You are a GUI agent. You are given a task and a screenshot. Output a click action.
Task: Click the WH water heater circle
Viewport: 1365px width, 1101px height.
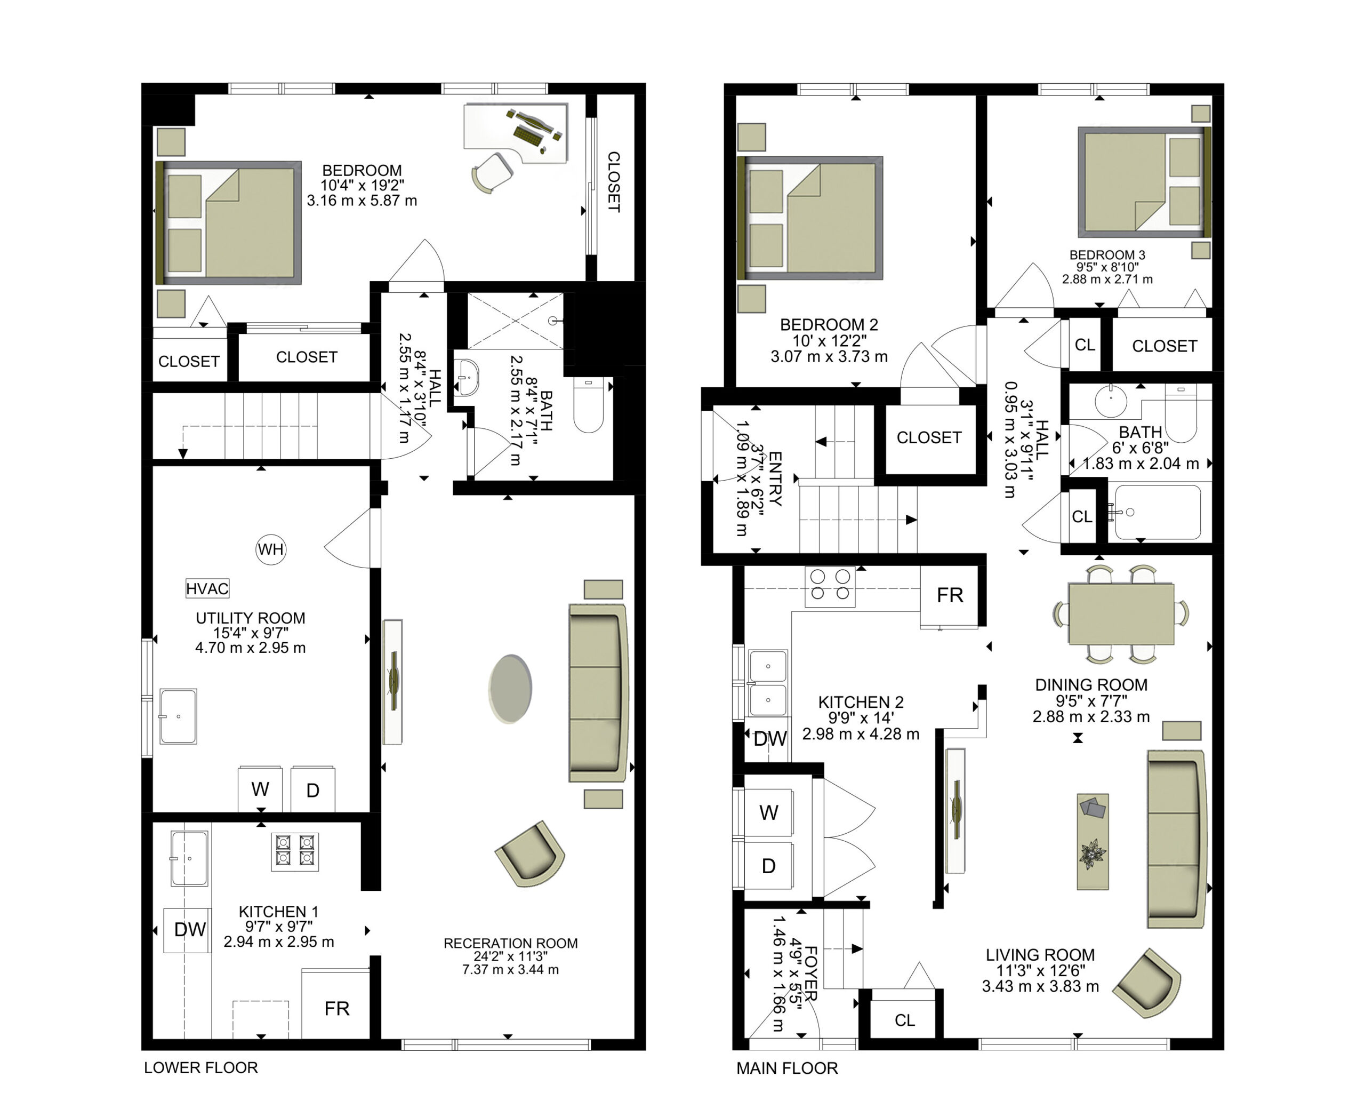pos(271,549)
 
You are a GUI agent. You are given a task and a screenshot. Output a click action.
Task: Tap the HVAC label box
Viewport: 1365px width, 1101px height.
pos(207,588)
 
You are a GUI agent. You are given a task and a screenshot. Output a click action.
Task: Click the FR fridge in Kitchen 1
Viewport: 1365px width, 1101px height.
pos(336,1008)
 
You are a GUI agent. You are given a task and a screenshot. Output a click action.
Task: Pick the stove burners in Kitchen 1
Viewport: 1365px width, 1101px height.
pos(295,851)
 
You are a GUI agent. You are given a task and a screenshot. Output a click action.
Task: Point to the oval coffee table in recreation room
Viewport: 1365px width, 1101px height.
pos(510,689)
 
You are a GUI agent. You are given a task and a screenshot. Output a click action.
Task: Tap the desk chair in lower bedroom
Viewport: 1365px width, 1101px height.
pos(492,172)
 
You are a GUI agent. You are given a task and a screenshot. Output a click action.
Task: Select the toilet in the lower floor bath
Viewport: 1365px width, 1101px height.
pos(588,405)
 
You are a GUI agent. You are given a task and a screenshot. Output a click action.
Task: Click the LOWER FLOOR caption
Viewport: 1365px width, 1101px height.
pos(201,1067)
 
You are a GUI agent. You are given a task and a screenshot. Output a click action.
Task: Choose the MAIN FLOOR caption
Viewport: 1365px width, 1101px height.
pos(787,1068)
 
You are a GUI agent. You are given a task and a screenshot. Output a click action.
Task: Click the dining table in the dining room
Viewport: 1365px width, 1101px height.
pos(1121,614)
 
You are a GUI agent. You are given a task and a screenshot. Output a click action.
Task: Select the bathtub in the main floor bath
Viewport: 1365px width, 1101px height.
pos(1158,513)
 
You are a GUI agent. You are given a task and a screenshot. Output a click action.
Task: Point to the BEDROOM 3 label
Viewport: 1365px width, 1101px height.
pos(1107,255)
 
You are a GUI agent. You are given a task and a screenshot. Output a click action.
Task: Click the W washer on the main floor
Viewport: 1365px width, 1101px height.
pos(769,812)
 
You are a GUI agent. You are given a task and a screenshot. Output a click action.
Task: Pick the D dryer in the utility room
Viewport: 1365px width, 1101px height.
pos(312,789)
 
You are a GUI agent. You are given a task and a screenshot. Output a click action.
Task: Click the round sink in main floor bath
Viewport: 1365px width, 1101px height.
pos(1111,401)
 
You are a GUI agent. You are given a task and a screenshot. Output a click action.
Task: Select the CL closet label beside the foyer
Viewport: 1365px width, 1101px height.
pos(905,1020)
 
